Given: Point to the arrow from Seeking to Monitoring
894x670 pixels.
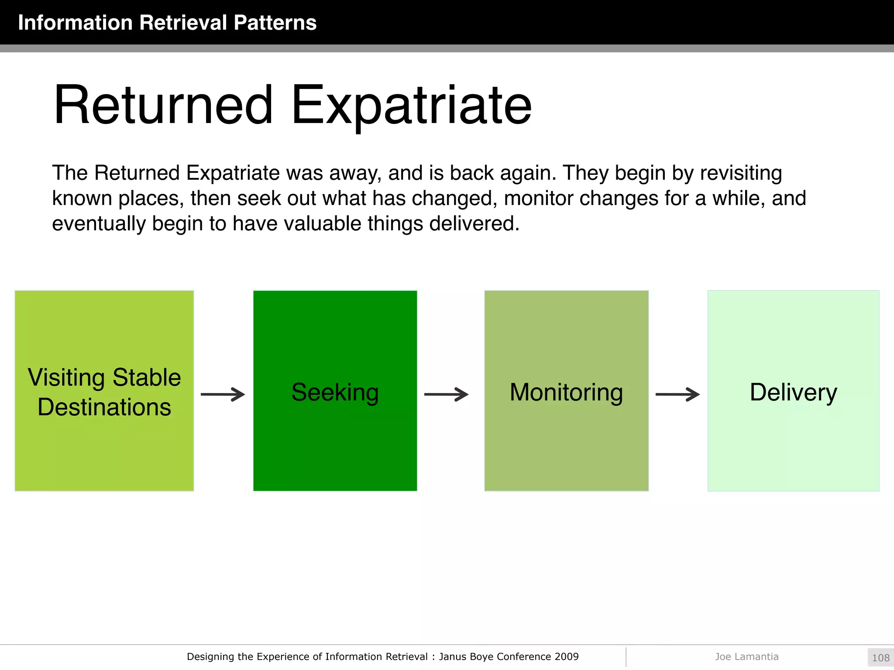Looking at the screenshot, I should (x=446, y=394).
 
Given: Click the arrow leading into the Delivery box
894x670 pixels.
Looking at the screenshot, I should (x=677, y=394).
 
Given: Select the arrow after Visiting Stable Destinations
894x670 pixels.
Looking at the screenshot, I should (x=223, y=394).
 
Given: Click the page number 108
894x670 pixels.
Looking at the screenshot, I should (x=880, y=658).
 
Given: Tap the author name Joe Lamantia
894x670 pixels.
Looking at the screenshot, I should (x=746, y=656).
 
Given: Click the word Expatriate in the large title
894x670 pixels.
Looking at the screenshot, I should (x=411, y=106).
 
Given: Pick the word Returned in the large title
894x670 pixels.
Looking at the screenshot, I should (x=163, y=106).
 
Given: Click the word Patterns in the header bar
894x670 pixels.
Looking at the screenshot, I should (x=275, y=23).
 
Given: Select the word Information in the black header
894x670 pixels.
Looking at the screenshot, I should (x=75, y=23).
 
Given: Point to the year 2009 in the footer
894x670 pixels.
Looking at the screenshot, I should (x=567, y=656).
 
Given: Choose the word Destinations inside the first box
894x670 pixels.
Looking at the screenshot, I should (x=104, y=407).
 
